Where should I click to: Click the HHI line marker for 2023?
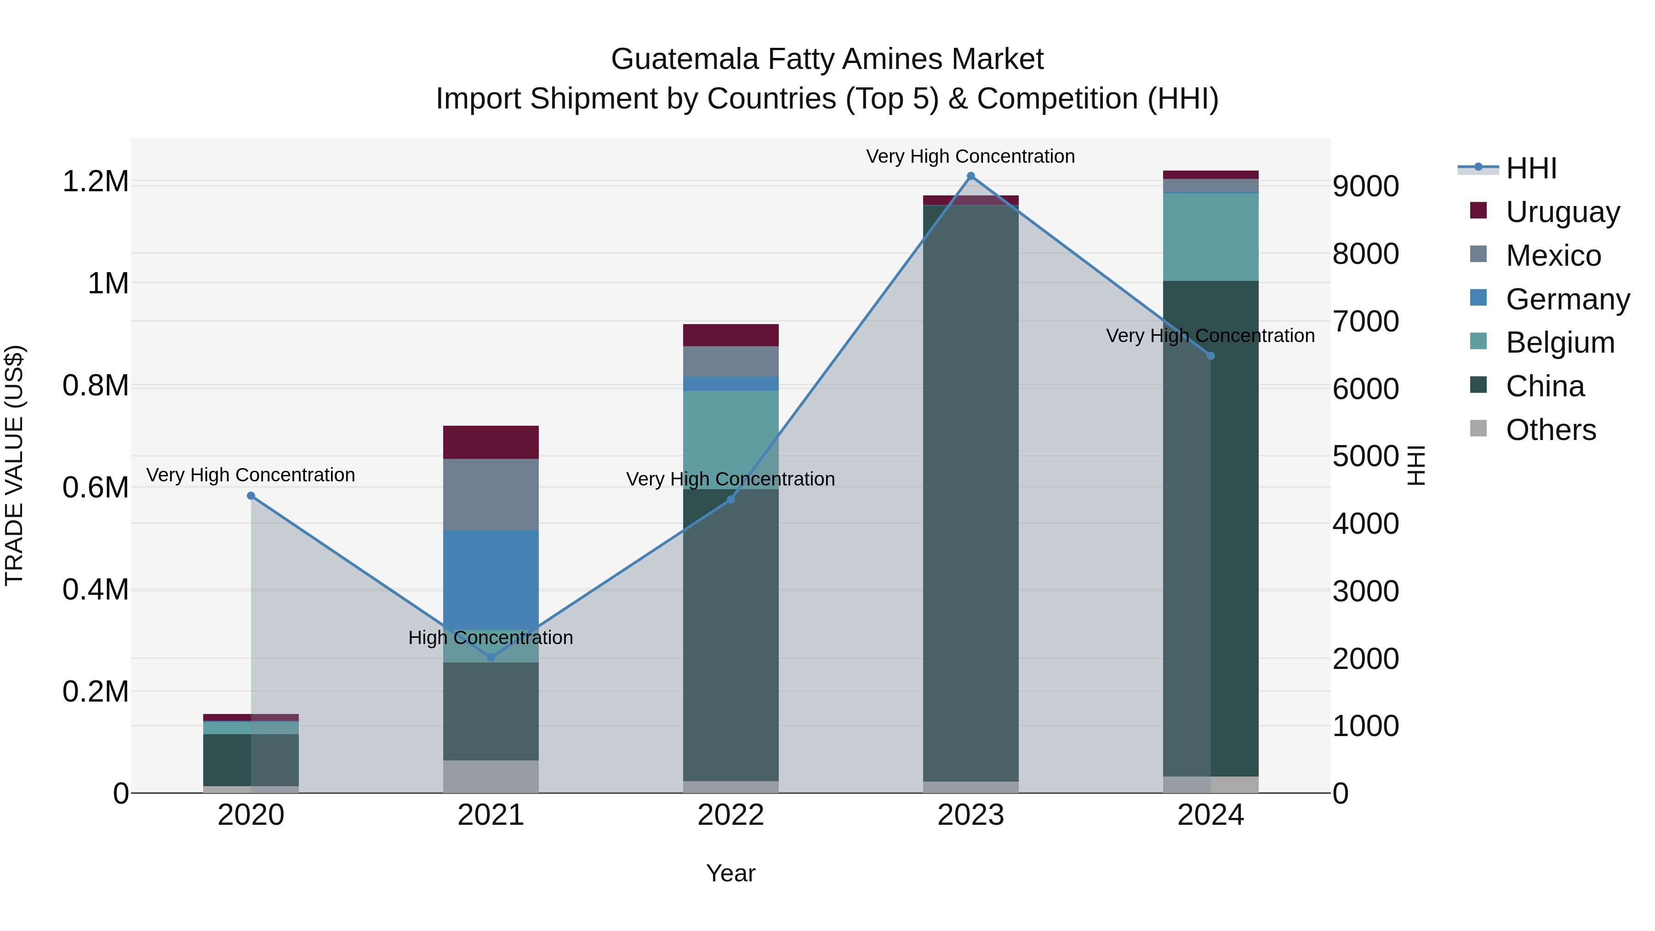coord(971,176)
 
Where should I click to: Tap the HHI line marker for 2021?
coord(491,657)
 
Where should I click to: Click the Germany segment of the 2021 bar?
coord(491,578)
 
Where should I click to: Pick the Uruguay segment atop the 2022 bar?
coord(730,335)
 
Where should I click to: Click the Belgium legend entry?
coord(1559,343)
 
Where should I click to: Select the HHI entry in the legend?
coord(1530,168)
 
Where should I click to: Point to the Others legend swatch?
coord(1478,428)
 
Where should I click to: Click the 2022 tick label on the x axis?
coord(730,815)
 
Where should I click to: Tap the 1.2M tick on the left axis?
coord(96,182)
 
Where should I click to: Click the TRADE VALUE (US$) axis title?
coord(14,465)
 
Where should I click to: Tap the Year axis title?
coord(730,873)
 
